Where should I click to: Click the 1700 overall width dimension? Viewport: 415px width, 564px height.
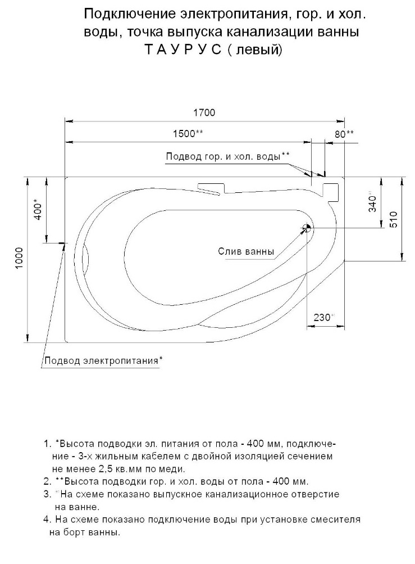[204, 112]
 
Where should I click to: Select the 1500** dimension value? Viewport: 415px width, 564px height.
[188, 134]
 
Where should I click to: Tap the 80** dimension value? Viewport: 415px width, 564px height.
[344, 134]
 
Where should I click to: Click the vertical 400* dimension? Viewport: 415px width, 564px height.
[38, 209]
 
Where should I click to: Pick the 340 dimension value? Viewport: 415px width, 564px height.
[373, 203]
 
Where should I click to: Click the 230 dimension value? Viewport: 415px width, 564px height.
[323, 317]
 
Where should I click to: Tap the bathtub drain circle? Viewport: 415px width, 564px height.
[307, 227]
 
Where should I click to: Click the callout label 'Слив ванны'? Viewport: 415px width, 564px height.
[246, 251]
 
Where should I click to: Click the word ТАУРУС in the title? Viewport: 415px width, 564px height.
[183, 49]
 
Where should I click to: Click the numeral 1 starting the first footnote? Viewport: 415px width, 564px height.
[45, 444]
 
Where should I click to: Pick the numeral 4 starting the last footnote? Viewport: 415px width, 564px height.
[45, 519]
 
